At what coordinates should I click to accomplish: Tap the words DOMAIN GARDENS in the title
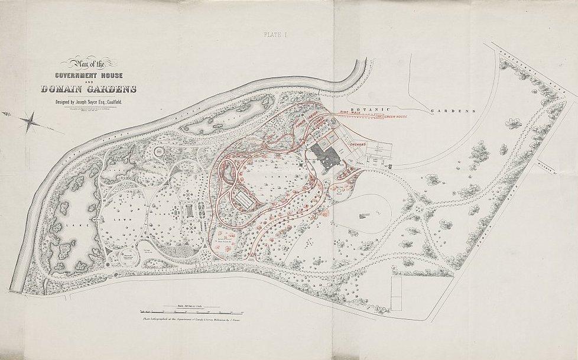(89, 90)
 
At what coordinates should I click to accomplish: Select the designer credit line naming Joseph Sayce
(88, 102)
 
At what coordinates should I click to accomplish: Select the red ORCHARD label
(361, 144)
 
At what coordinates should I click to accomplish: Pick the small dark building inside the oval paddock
(360, 216)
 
